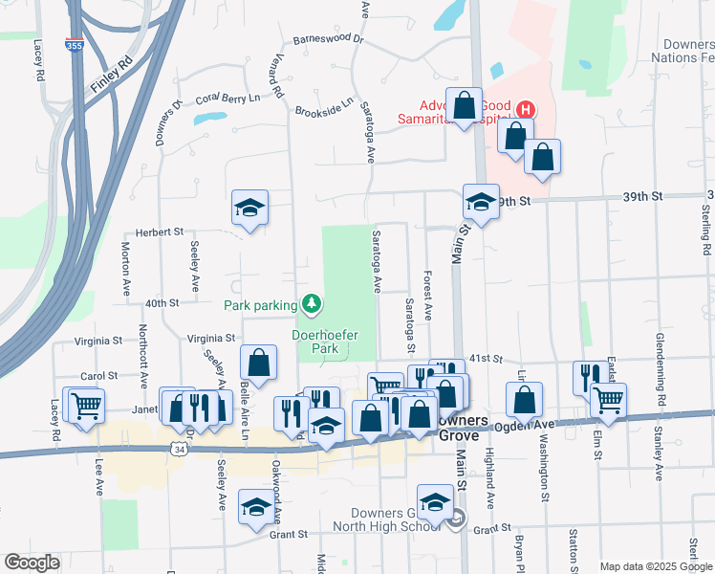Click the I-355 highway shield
[x=74, y=45]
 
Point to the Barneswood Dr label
[x=329, y=39]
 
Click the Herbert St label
[x=159, y=232]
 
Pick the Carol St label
[x=98, y=377]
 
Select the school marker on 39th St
[x=481, y=202]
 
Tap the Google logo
[x=32, y=563]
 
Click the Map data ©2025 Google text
[x=655, y=566]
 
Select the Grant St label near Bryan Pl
[x=492, y=529]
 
